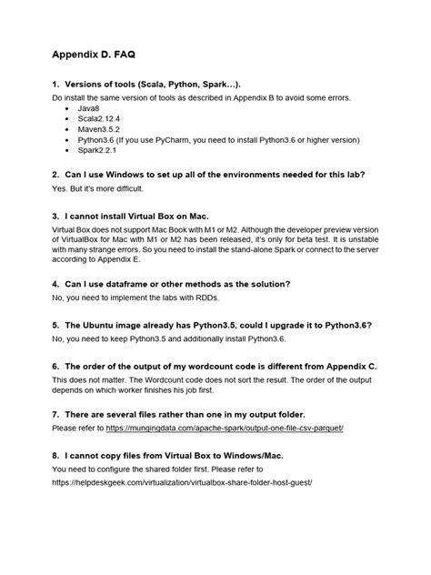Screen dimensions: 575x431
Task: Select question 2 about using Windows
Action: (215, 173)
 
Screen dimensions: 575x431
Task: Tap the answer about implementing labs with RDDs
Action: (136, 298)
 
